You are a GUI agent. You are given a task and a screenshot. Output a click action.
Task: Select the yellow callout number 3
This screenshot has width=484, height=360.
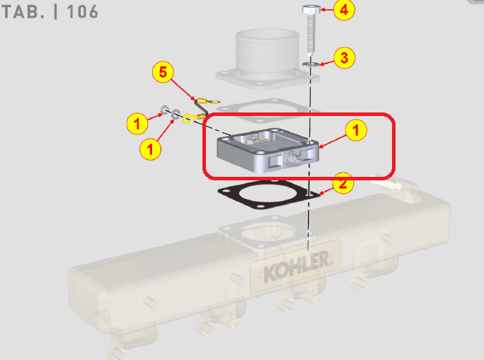coord(344,58)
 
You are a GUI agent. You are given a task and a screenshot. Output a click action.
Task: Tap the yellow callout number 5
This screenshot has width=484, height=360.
coord(163,73)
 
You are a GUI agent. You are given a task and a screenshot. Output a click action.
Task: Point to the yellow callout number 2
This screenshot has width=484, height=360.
coord(342,183)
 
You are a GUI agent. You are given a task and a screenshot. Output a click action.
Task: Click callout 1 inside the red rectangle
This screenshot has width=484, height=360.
coord(356,130)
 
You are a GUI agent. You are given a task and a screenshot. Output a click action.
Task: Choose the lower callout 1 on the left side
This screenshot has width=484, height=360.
coord(149,148)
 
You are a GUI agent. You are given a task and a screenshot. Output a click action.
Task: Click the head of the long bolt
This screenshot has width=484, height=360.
coord(310,9)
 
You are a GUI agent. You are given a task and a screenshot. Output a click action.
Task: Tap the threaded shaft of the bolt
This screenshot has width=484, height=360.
coord(310,35)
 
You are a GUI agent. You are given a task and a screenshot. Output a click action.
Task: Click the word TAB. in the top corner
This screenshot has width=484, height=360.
coord(23,12)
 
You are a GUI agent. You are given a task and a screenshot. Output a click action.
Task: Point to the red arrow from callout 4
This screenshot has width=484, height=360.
coord(326,10)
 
